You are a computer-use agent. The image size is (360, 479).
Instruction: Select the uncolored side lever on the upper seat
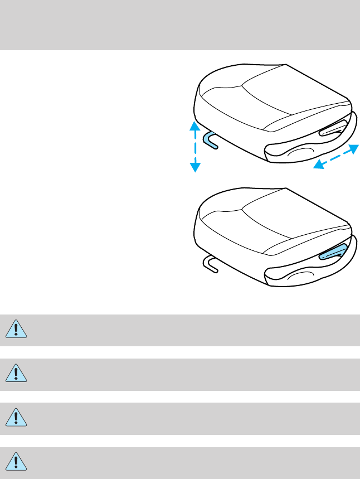pos(333,130)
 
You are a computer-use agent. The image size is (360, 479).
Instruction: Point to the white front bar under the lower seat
pos(210,263)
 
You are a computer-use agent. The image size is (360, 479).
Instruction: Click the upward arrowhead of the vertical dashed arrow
pos(194,125)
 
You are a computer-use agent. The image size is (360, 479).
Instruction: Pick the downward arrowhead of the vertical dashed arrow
pos(194,167)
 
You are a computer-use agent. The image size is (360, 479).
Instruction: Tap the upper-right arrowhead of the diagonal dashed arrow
pos(353,148)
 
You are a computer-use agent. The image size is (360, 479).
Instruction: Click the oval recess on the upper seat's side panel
pos(301,153)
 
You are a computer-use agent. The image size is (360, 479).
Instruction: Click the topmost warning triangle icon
pos(16,330)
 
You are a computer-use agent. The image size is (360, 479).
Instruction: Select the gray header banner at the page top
pos(180,25)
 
